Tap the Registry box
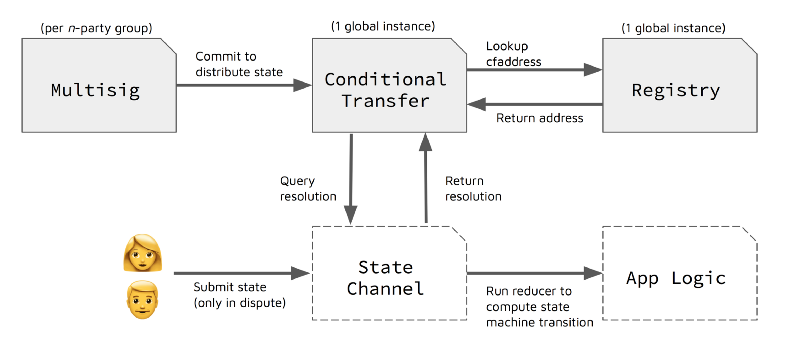click(x=675, y=89)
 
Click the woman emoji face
click(x=142, y=255)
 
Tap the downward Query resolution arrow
click(x=351, y=179)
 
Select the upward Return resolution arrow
click(x=425, y=179)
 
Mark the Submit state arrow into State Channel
click(x=240, y=272)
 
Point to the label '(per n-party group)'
click(x=92, y=27)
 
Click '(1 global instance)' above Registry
click(x=676, y=27)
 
